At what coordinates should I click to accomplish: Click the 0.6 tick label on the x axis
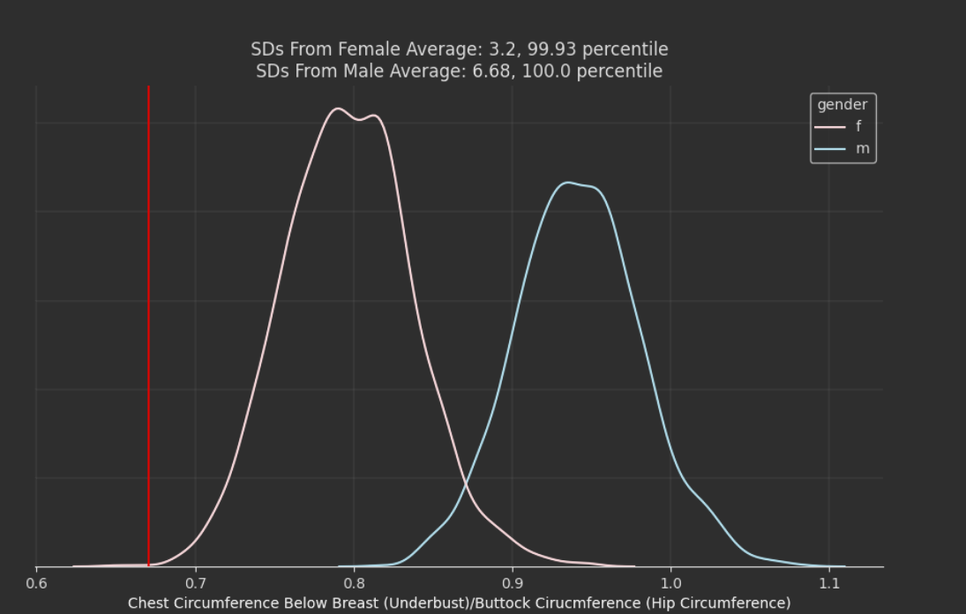[x=36, y=583]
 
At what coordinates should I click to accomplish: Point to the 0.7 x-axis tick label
[x=195, y=583]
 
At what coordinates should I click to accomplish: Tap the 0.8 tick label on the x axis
[x=354, y=583]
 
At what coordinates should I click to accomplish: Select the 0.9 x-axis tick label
[x=512, y=583]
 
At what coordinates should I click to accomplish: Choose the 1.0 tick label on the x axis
[x=670, y=583]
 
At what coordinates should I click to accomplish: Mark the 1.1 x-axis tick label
[x=828, y=583]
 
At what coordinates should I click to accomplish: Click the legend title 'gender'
[x=842, y=105]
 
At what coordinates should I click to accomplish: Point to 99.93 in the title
[x=550, y=49]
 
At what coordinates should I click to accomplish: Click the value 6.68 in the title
[x=487, y=71]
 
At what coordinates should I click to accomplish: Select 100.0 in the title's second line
[x=544, y=71]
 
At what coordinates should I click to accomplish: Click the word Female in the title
[x=371, y=49]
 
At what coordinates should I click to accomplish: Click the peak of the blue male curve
[x=569, y=183]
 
